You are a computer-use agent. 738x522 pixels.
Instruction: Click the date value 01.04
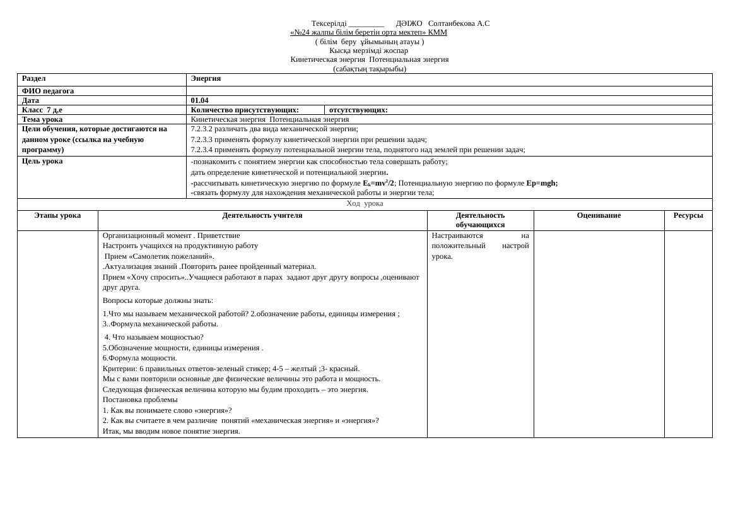click(199, 100)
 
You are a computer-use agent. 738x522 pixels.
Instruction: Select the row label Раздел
click(34, 78)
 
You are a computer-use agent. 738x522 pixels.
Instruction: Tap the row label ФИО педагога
click(48, 91)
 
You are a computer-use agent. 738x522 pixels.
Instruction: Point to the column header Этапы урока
click(57, 215)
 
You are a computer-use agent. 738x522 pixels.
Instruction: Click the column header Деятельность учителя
click(262, 215)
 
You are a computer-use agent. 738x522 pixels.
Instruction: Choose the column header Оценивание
click(599, 215)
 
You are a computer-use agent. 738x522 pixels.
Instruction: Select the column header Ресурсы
click(688, 215)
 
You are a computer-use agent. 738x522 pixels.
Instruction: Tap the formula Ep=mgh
click(542, 183)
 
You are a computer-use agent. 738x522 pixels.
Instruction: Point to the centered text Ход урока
click(365, 203)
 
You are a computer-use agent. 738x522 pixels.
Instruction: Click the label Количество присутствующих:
click(245, 110)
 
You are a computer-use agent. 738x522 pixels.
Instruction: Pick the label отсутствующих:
click(358, 110)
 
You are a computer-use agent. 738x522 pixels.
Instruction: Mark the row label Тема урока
click(42, 119)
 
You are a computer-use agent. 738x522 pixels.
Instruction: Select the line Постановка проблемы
click(140, 400)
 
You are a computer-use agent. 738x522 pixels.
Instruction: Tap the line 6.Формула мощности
click(140, 358)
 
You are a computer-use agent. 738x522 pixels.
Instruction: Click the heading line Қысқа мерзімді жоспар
click(368, 50)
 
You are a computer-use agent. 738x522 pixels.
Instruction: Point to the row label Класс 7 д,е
click(42, 110)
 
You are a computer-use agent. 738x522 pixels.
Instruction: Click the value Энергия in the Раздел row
click(206, 78)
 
